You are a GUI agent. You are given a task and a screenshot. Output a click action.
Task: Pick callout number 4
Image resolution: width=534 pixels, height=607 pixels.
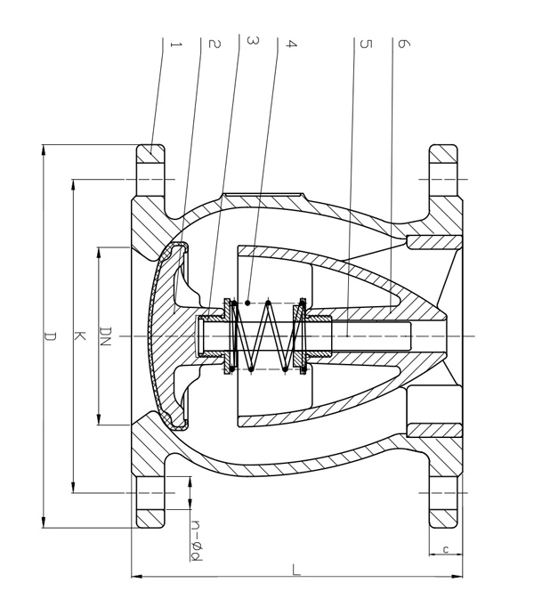click(290, 44)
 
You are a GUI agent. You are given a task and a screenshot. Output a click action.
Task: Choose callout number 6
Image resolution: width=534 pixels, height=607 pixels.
click(402, 44)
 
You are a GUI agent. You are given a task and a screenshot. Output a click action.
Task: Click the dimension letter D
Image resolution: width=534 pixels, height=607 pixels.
click(51, 336)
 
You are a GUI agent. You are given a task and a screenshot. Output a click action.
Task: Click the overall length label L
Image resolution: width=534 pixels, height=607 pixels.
click(296, 571)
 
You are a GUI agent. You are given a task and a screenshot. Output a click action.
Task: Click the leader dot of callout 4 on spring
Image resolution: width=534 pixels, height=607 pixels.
click(248, 303)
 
